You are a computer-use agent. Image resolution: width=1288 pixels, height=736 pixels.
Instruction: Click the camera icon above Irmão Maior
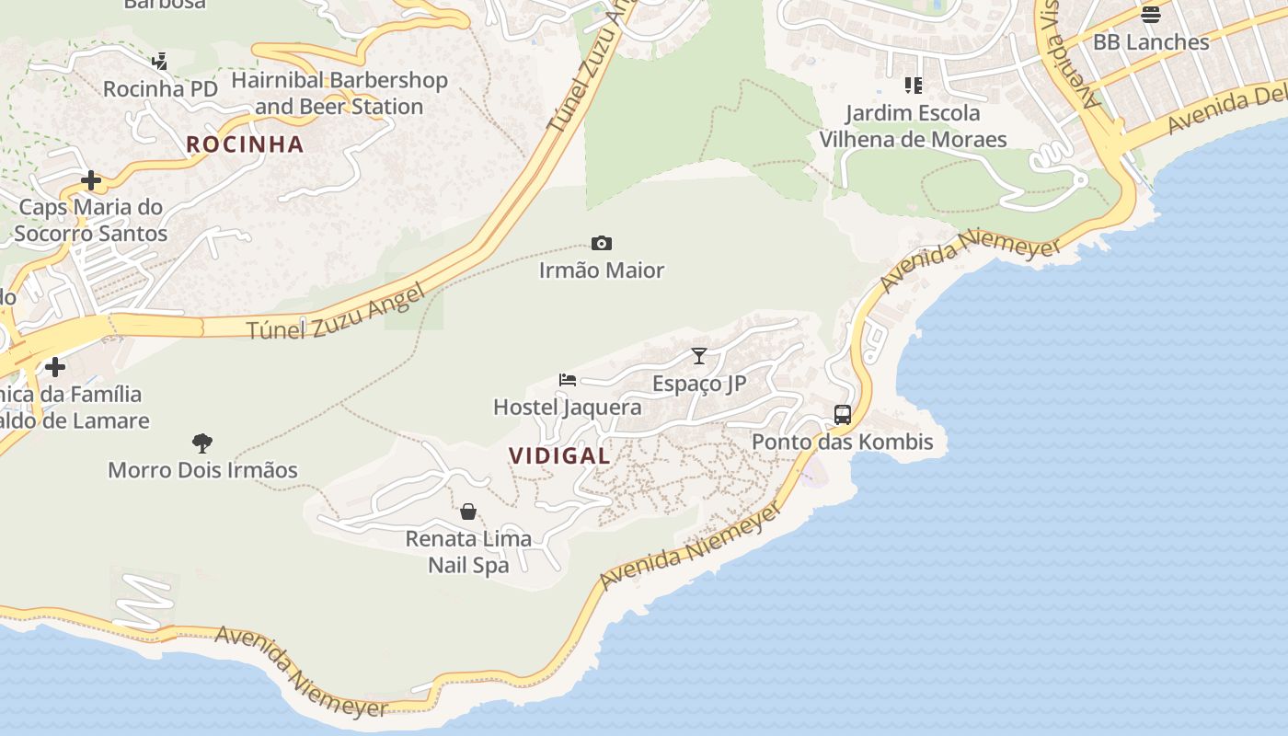(x=601, y=244)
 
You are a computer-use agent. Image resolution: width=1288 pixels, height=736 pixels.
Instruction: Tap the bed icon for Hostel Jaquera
(x=568, y=380)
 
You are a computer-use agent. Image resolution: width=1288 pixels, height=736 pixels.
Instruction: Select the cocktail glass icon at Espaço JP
(x=699, y=356)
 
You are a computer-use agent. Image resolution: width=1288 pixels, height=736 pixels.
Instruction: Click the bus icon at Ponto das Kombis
(x=842, y=415)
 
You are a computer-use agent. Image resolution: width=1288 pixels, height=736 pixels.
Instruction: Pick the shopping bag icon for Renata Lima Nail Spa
(x=468, y=512)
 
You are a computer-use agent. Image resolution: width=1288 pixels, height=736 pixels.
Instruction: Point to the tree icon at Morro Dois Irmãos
(x=202, y=443)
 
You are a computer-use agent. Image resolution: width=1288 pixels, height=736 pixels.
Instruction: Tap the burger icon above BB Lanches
(x=1150, y=15)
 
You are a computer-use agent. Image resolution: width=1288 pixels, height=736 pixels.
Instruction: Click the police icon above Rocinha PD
(x=160, y=62)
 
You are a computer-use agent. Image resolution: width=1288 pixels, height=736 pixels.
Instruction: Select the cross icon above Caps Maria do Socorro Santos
(x=90, y=179)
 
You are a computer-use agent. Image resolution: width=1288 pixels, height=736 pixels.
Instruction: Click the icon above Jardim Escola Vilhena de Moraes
(x=913, y=86)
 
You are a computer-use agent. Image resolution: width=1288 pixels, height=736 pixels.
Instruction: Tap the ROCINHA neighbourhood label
(x=245, y=144)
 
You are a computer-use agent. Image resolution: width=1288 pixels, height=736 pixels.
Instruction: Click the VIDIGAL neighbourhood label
(x=559, y=455)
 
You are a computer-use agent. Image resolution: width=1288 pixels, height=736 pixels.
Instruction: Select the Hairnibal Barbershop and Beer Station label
(x=339, y=94)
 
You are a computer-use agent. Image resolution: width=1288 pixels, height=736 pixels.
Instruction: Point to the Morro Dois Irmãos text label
(x=202, y=470)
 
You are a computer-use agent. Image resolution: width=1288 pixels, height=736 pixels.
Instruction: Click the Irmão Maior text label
(x=601, y=270)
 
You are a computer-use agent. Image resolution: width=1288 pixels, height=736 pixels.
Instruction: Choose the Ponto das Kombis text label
(x=842, y=442)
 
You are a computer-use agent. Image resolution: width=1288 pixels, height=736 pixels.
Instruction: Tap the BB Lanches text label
(x=1150, y=42)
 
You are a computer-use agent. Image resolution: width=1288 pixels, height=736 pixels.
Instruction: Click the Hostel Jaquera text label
(x=568, y=407)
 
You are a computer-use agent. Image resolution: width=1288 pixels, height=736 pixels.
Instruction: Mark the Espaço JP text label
(x=699, y=384)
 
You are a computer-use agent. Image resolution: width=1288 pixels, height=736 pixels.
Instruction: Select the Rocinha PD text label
(x=160, y=89)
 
